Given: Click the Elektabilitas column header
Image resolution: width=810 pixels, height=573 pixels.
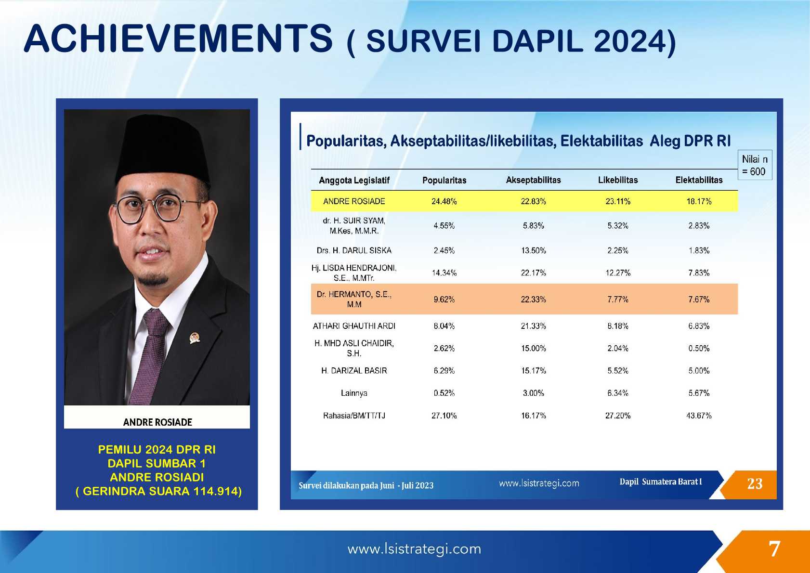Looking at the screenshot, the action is (x=699, y=180).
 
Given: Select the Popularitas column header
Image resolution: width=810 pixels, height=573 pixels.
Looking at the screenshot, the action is (x=444, y=180).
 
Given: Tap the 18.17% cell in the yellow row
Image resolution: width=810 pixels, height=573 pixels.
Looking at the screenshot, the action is (x=699, y=201).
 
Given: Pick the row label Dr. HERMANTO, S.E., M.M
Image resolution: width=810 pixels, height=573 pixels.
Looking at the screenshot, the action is (x=354, y=300).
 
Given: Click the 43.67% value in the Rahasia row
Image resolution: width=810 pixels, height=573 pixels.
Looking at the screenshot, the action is (x=699, y=416).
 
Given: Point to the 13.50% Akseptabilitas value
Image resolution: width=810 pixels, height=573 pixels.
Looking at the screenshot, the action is (x=534, y=250).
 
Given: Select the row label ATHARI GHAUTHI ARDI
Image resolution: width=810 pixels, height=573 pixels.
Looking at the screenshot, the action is (x=354, y=326).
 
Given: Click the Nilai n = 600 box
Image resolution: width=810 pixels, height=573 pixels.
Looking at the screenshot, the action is (x=755, y=165).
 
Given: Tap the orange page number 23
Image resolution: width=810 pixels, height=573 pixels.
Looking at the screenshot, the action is (x=755, y=484).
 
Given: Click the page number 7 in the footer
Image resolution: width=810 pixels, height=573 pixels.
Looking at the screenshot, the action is (x=774, y=549).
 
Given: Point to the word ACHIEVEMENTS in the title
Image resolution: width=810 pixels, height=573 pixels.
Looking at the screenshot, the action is (x=178, y=39).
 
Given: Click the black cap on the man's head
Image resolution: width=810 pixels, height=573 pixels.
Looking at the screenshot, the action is (x=162, y=148).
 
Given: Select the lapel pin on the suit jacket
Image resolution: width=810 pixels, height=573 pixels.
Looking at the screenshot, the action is (x=195, y=338).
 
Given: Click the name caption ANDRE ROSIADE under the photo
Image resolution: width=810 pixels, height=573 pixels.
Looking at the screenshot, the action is (x=157, y=422).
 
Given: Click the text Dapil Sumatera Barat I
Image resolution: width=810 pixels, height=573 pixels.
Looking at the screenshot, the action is (x=661, y=482).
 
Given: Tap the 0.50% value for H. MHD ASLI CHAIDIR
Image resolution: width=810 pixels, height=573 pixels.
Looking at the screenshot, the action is (x=699, y=349).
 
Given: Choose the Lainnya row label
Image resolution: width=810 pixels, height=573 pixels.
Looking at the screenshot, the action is (x=354, y=393).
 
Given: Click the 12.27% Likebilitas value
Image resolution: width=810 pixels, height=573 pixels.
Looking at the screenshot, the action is (x=618, y=273).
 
